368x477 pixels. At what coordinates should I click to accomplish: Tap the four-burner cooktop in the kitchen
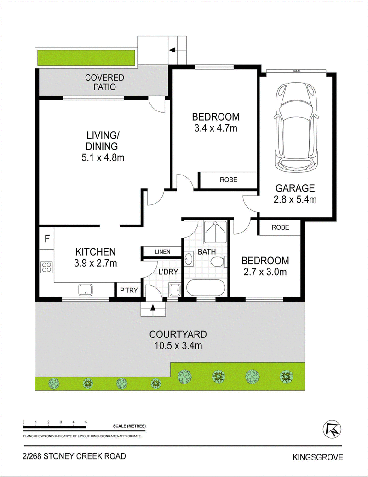pyautogui.click(x=46, y=267)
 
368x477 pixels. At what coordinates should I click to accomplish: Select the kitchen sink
pyautogui.click(x=88, y=290)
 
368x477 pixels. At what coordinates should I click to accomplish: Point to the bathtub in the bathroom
pyautogui.click(x=206, y=288)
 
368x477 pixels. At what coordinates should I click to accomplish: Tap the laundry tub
pyautogui.click(x=175, y=290)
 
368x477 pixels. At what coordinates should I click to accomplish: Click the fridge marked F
pyautogui.click(x=47, y=238)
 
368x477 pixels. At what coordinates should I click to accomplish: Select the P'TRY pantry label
pyautogui.click(x=129, y=291)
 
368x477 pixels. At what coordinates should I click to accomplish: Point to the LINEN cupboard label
pyautogui.click(x=162, y=251)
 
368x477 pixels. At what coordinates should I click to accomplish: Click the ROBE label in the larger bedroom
pyautogui.click(x=229, y=180)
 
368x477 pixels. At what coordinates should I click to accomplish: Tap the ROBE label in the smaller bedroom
pyautogui.click(x=281, y=227)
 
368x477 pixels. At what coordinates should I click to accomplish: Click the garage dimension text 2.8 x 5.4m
pyautogui.click(x=295, y=199)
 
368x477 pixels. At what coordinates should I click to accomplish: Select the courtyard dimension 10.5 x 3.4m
pyautogui.click(x=178, y=346)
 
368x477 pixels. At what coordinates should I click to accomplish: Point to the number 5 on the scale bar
pyautogui.click(x=86, y=422)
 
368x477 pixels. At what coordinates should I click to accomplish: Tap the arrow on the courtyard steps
pyautogui.click(x=153, y=308)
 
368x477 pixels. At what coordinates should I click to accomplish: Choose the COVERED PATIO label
pyautogui.click(x=104, y=82)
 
